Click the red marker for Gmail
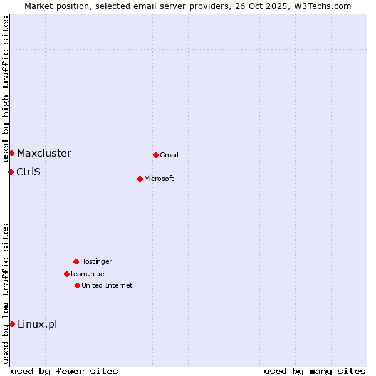[x=155, y=155]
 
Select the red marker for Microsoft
[x=140, y=179]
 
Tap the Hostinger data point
[x=76, y=261]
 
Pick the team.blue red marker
[x=66, y=274]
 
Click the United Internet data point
[x=77, y=285]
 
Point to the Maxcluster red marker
[x=11, y=153]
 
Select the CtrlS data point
[x=11, y=172]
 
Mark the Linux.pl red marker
[x=12, y=324]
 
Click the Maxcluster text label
[x=44, y=154]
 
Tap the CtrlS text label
[x=28, y=172]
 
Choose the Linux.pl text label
[x=37, y=324]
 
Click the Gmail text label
[x=169, y=155]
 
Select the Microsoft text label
[x=159, y=179]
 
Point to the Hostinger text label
[x=96, y=261]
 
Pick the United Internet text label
[x=107, y=285]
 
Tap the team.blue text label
[x=88, y=274]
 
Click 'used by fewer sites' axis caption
[x=65, y=371]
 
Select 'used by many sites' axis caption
[x=315, y=371]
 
